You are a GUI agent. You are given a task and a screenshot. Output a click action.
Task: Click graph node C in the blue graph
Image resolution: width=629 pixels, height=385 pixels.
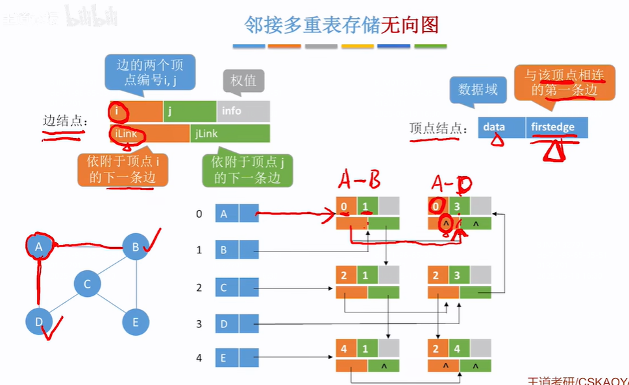coord(86,284)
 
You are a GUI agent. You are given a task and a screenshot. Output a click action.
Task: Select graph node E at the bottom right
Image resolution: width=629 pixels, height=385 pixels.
coord(135,321)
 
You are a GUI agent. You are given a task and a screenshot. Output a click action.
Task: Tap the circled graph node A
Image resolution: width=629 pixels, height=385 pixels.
coord(39,246)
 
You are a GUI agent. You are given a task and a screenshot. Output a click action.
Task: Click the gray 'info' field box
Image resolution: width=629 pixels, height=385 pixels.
coord(243,111)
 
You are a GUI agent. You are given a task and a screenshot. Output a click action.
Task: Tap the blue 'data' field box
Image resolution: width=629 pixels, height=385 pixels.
coord(502,127)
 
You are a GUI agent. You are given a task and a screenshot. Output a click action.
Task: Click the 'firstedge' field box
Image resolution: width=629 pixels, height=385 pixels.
coord(556,127)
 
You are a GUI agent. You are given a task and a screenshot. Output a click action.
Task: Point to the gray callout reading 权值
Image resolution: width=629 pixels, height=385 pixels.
coord(243,80)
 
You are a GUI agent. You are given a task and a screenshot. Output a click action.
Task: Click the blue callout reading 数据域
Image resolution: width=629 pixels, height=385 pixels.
coord(478,89)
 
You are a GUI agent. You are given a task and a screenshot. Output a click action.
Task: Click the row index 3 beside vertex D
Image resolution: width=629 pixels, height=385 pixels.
coord(199,323)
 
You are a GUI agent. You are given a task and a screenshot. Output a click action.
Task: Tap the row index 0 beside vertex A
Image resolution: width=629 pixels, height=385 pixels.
coord(199,213)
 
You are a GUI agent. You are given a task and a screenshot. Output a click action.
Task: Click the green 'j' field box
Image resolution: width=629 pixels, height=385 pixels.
coord(190,111)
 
